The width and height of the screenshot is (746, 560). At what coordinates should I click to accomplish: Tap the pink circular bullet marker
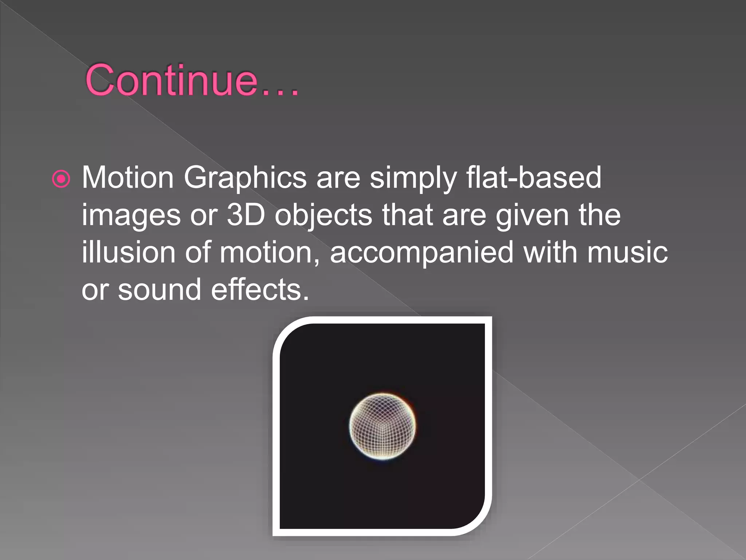pos(61,179)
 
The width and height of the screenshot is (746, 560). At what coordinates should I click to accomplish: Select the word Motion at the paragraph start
pos(127,178)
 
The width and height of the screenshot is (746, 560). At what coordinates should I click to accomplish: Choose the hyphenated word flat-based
pos(534,178)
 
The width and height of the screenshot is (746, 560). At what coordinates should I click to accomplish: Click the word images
pos(131,216)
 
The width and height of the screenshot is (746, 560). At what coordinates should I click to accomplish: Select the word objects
pos(323,216)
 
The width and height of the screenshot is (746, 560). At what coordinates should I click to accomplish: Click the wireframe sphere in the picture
pos(382,426)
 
